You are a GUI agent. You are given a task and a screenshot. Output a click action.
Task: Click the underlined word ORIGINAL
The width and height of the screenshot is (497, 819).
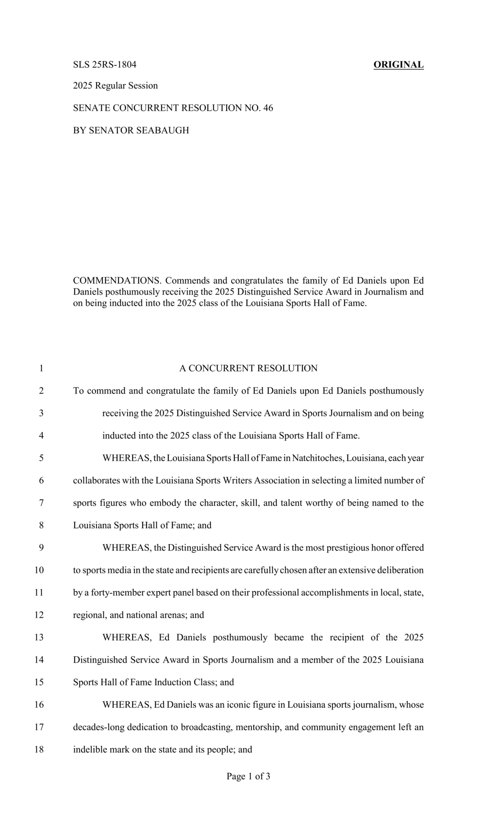[398, 65]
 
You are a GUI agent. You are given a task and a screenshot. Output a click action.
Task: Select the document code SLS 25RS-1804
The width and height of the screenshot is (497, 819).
[104, 65]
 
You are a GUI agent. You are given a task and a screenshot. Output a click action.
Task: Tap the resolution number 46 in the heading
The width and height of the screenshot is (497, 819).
[268, 108]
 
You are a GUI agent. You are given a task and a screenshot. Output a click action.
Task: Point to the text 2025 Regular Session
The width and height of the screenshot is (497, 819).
[115, 86]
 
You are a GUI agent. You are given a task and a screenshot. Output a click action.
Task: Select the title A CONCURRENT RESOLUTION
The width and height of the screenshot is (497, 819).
[248, 368]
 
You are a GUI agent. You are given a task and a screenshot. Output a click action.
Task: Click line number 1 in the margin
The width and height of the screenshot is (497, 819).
[41, 368]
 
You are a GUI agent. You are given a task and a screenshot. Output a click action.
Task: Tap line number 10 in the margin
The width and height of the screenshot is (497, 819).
[39, 570]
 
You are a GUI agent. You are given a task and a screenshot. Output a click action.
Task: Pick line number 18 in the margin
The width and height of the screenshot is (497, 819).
[39, 750]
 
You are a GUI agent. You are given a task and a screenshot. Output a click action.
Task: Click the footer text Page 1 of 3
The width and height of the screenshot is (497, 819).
[248, 777]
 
